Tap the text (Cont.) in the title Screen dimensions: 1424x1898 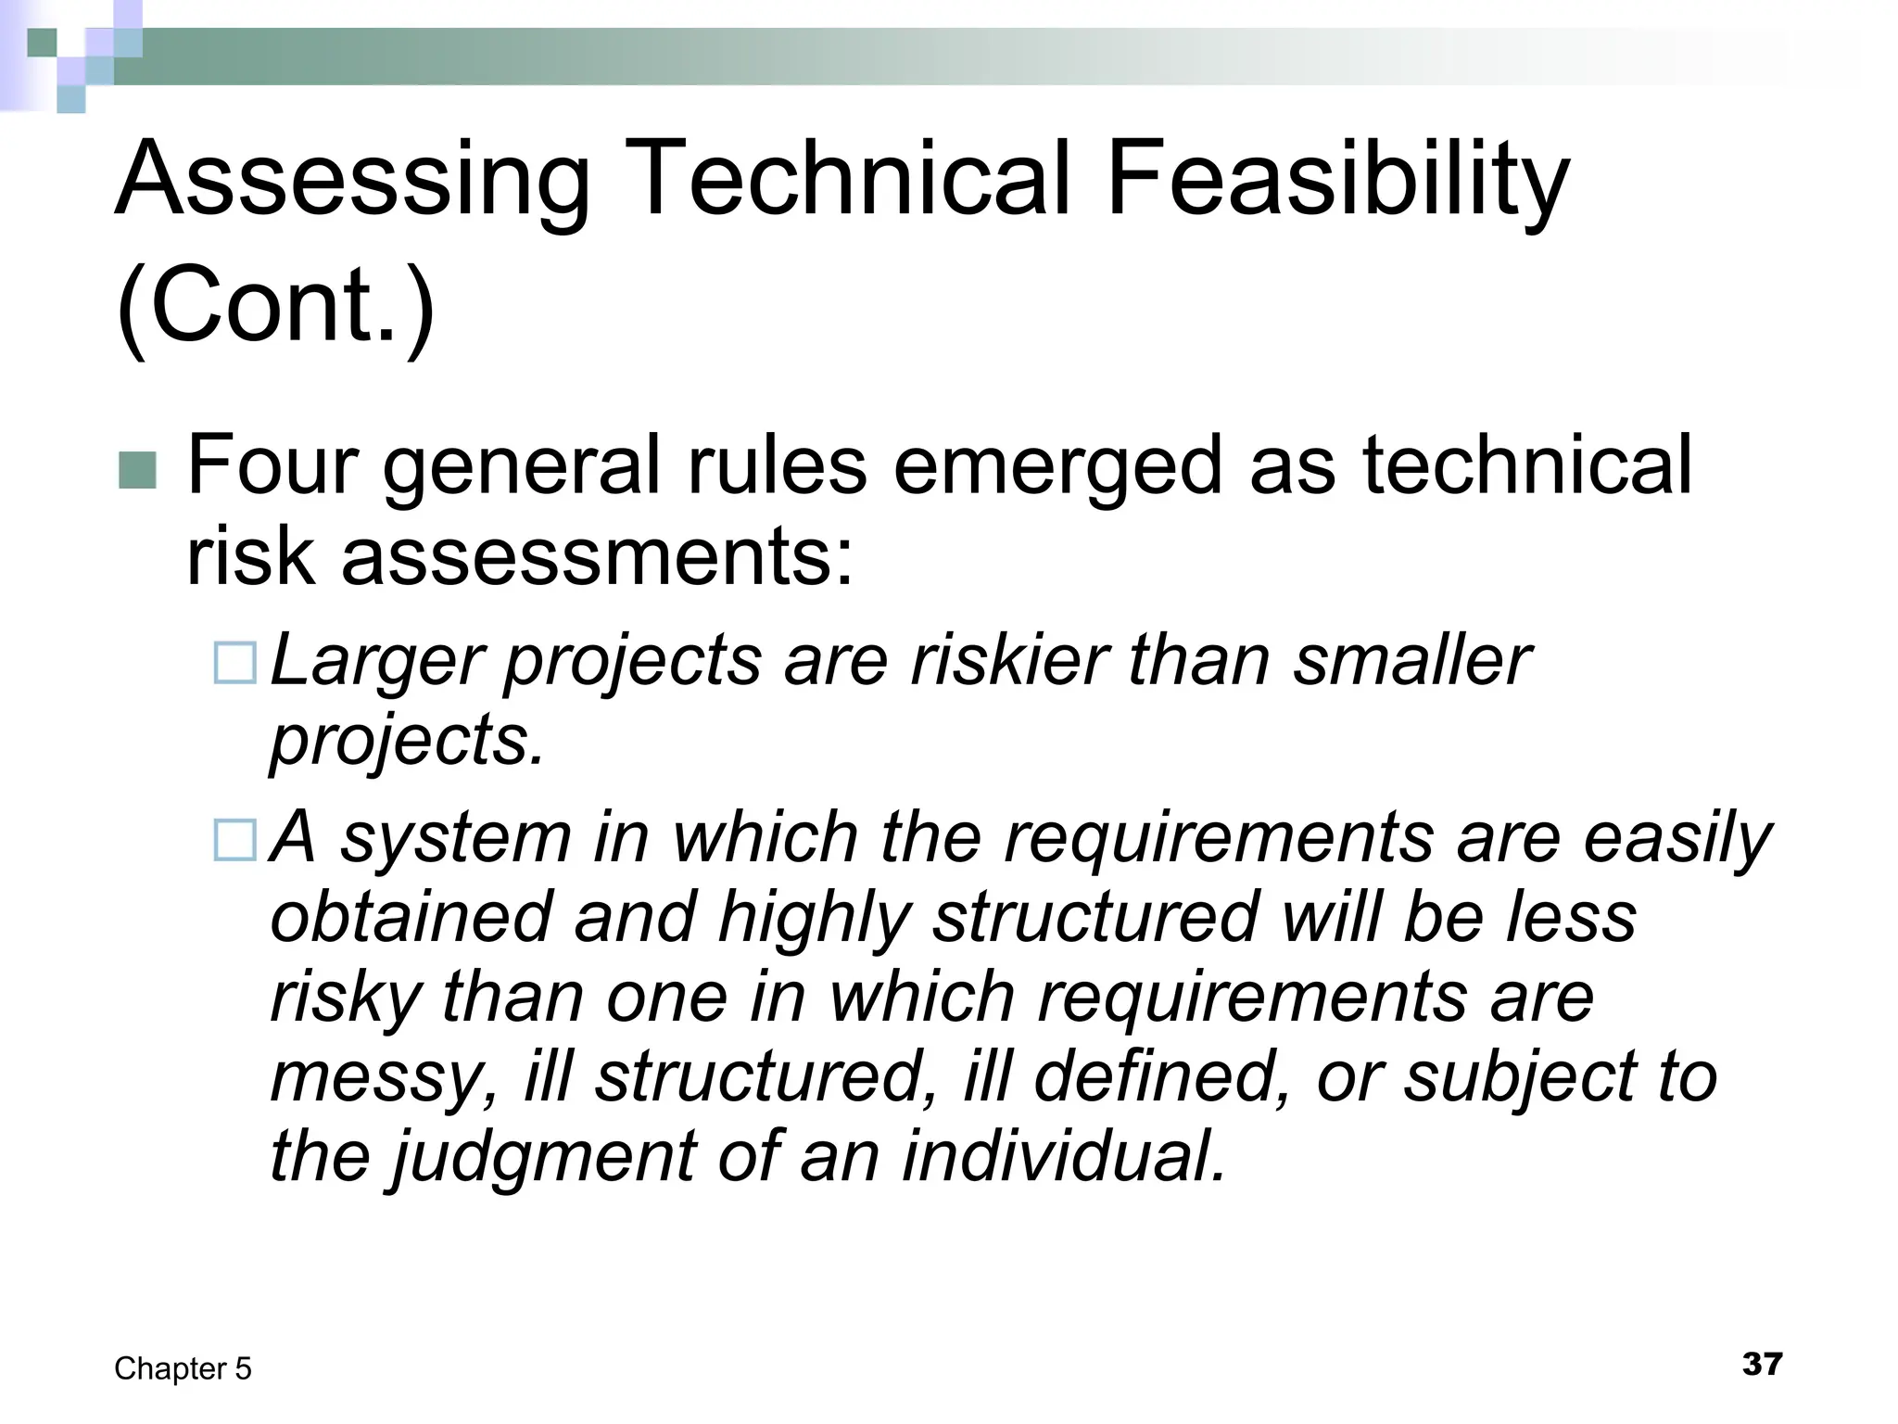pos(275,306)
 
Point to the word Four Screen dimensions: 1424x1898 pos(272,465)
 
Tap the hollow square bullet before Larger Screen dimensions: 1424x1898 pos(234,664)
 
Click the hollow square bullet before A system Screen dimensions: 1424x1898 pos(234,840)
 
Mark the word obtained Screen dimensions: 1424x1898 pos(411,917)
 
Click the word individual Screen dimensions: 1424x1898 pos(1064,1156)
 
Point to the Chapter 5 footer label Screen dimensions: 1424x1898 pos(183,1368)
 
